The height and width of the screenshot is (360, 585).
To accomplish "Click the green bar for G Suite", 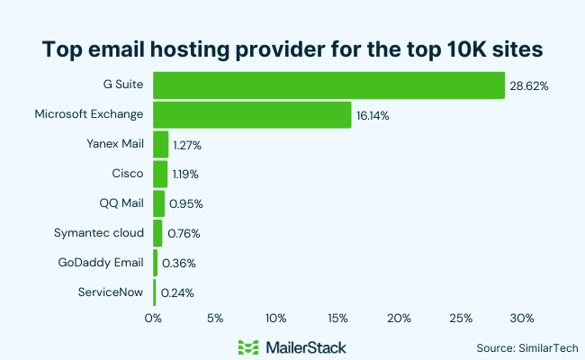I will coord(328,85).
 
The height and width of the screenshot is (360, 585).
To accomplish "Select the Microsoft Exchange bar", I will coord(252,115).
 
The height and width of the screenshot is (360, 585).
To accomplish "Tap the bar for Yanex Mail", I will coord(161,144).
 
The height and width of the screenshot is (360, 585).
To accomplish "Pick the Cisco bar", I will coord(160,174).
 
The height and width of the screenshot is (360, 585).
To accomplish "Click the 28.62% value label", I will coord(530,85).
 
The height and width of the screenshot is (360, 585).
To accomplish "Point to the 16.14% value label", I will coord(374,116).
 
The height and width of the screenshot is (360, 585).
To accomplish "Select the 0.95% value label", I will coord(185,203).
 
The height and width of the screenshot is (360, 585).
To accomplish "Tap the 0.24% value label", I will coord(176,292).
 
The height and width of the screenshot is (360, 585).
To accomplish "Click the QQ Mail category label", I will coord(121,202).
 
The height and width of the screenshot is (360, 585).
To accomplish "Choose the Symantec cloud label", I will coord(99,232).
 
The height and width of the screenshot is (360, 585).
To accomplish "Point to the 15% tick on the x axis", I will coord(337,318).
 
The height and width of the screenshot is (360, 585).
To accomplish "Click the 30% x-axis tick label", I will coord(522,318).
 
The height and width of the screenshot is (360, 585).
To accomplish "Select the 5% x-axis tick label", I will coord(214,318).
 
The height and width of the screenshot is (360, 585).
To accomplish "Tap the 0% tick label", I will coord(153,318).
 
